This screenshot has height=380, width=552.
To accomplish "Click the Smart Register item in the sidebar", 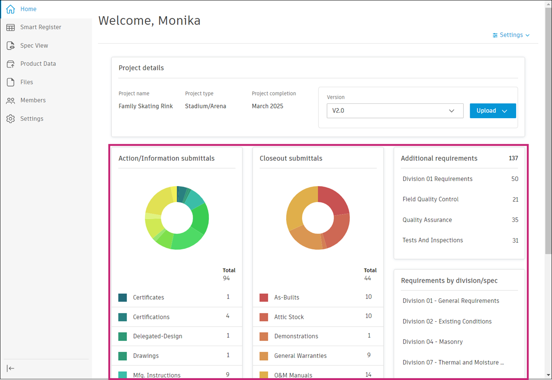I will (40, 27).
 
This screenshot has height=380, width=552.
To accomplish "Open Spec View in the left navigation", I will (34, 45).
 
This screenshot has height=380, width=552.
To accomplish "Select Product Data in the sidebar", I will (38, 64).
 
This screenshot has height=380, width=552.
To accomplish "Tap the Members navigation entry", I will (33, 100).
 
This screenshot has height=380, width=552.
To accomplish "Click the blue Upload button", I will (492, 111).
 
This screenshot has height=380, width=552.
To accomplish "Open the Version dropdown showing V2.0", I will (395, 111).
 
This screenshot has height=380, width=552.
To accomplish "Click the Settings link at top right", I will (511, 35).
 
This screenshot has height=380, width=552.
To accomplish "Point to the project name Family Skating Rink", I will (146, 106).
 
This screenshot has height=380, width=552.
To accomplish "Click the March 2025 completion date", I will (268, 106).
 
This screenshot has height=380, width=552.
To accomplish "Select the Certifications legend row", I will (151, 317).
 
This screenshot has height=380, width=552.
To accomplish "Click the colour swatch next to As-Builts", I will (264, 298).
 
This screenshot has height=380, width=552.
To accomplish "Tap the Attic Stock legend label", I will (289, 317).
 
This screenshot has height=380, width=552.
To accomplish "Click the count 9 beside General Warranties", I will (368, 355).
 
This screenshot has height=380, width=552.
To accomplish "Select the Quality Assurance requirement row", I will (427, 220).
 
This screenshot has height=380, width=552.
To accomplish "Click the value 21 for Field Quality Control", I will (515, 199).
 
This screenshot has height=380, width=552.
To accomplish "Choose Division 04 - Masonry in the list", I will (432, 342).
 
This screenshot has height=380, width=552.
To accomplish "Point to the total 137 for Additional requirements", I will (513, 159).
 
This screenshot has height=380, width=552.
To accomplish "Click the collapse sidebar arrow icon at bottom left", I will (11, 368).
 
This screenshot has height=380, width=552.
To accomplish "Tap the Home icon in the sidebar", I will (10, 9).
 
